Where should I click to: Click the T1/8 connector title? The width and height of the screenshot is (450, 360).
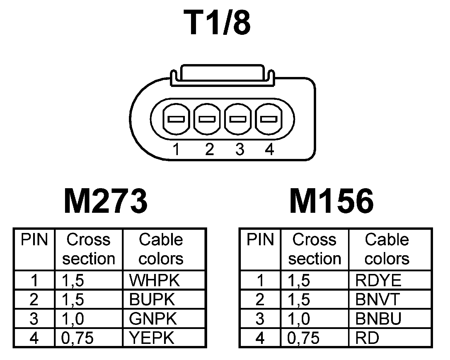click(217, 23)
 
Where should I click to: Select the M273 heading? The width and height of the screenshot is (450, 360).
click(105, 201)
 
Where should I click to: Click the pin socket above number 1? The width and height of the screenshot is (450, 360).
click(176, 119)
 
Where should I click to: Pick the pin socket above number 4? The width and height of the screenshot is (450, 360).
click(269, 119)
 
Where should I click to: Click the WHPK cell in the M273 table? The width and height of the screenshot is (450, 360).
click(154, 280)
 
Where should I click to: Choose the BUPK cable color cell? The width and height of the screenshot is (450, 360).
click(152, 299)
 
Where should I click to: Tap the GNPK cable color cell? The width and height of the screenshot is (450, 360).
click(153, 319)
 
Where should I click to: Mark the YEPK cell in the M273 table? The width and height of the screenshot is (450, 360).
click(152, 338)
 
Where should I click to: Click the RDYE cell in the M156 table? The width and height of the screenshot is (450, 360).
click(378, 280)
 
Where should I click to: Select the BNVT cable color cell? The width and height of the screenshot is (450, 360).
click(377, 299)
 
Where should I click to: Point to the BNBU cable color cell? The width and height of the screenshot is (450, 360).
click(378, 319)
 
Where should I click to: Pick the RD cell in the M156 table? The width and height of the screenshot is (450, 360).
click(367, 338)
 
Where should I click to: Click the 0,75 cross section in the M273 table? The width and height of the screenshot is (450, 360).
click(78, 338)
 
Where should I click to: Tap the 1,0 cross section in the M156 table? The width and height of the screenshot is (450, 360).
click(299, 319)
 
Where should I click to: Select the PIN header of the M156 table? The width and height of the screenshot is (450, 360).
click(260, 240)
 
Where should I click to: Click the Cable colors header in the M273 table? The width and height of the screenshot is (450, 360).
click(161, 249)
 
